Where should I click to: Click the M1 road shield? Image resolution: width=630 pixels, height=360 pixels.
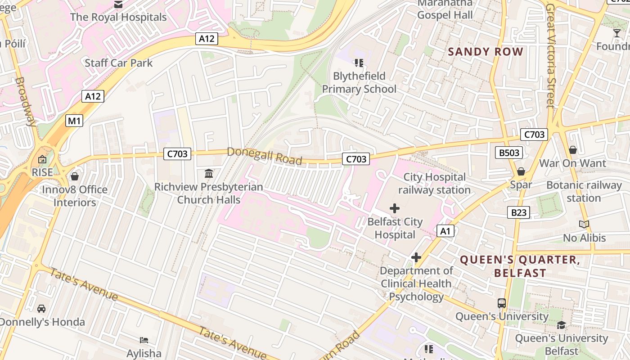pyautogui.click(x=75, y=121)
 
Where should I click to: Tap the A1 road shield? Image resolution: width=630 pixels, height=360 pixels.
pyautogui.click(x=445, y=231)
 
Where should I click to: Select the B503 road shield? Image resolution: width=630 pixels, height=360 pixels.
pyautogui.click(x=509, y=153)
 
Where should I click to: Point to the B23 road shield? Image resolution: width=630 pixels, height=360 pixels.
pyautogui.click(x=518, y=212)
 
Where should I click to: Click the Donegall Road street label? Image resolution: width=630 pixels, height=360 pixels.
pyautogui.click(x=264, y=156)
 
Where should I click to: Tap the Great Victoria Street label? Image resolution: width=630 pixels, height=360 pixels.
pyautogui.click(x=550, y=56)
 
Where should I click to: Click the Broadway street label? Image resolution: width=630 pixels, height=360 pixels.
pyautogui.click(x=26, y=102)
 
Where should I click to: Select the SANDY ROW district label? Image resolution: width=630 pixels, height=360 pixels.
pyautogui.click(x=486, y=52)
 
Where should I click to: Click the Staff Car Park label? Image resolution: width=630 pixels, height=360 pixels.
pyautogui.click(x=119, y=63)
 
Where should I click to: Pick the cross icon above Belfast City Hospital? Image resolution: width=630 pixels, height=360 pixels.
pyautogui.click(x=395, y=208)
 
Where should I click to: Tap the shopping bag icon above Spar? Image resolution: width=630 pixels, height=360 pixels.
pyautogui.click(x=521, y=171)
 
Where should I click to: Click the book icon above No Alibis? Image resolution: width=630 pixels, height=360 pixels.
pyautogui.click(x=584, y=224)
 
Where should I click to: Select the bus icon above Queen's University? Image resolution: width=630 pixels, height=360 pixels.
pyautogui.click(x=502, y=303)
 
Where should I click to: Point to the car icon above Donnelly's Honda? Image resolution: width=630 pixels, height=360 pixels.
pyautogui.click(x=41, y=309)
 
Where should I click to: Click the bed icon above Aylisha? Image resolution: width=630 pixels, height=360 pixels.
pyautogui.click(x=144, y=340)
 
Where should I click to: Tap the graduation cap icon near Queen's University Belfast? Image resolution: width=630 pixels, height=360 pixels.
pyautogui.click(x=561, y=325)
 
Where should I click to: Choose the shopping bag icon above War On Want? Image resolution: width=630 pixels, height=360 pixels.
pyautogui.click(x=573, y=150)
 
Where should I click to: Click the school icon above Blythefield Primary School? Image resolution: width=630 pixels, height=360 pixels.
pyautogui.click(x=359, y=63)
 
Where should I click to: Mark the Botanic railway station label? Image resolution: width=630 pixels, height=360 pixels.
pyautogui.click(x=584, y=192)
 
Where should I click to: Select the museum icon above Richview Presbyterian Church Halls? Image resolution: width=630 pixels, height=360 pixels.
pyautogui.click(x=209, y=173)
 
